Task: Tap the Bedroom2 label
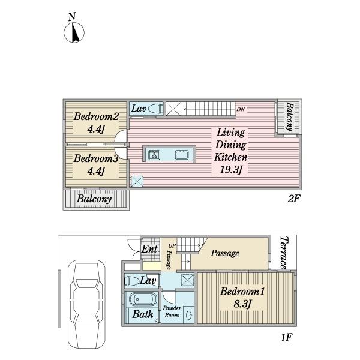(96, 116)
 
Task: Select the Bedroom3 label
(96, 158)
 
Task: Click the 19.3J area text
(231, 170)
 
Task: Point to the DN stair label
(241, 109)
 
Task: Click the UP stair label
(172, 245)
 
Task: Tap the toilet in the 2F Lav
(155, 109)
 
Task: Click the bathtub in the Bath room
(142, 299)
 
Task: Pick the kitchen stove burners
(154, 155)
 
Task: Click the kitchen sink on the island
(182, 155)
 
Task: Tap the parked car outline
(86, 304)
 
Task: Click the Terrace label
(284, 253)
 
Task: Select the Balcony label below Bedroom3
(94, 199)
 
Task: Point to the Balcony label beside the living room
(290, 116)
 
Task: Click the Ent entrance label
(149, 249)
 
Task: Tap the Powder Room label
(172, 311)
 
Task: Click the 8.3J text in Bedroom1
(242, 304)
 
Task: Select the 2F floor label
(294, 199)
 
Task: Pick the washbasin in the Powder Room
(190, 315)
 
